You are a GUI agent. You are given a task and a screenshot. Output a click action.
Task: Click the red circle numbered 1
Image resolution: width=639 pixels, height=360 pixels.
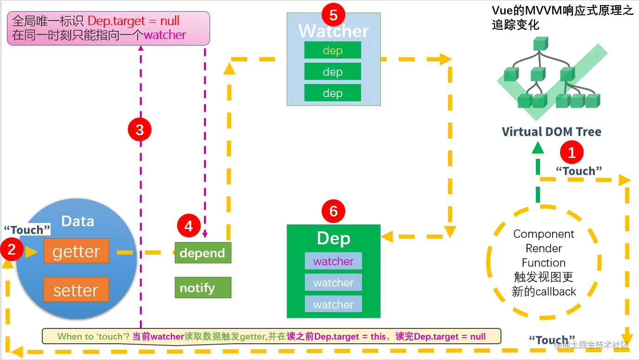(572, 152)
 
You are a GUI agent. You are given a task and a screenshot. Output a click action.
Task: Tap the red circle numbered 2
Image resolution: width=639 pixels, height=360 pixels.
(12, 250)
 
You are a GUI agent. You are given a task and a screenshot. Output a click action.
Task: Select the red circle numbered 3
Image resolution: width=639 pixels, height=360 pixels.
(139, 130)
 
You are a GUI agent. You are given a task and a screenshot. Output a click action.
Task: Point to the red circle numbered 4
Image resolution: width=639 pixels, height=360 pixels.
(188, 226)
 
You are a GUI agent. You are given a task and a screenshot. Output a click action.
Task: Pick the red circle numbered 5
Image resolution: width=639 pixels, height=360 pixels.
(333, 15)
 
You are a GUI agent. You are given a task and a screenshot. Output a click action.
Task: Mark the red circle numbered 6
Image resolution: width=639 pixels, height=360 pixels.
(333, 212)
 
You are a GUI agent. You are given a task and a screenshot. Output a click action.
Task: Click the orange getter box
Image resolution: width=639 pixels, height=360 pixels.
(76, 251)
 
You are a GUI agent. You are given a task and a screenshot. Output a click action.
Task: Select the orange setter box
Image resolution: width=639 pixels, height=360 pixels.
(76, 290)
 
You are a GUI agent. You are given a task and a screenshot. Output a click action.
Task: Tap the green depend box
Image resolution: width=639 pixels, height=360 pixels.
(203, 253)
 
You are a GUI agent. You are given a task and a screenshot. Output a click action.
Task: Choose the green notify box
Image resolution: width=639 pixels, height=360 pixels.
(203, 288)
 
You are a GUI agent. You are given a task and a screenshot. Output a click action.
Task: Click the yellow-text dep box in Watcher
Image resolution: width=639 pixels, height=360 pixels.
(333, 50)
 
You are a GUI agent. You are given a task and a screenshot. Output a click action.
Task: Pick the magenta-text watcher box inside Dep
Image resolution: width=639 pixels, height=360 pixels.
(333, 261)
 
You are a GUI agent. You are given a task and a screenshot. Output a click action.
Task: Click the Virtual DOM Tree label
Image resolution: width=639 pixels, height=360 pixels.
(551, 131)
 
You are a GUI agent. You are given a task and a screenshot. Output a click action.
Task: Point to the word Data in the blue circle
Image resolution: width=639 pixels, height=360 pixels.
(78, 221)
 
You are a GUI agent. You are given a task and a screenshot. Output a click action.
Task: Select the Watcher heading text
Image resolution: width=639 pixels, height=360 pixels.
(333, 31)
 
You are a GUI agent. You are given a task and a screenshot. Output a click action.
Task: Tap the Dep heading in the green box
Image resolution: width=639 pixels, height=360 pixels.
(333, 238)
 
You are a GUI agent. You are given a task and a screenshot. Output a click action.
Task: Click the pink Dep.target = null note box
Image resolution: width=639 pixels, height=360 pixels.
(108, 28)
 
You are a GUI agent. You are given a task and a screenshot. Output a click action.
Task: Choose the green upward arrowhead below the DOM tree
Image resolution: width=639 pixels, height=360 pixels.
(538, 148)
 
